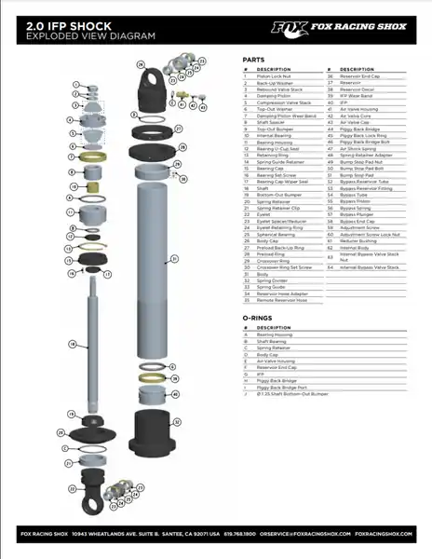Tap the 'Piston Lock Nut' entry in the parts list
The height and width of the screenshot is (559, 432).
tap(273, 75)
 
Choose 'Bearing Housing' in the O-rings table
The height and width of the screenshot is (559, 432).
tap(273, 334)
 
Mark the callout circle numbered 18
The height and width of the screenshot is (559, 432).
tap(73, 345)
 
